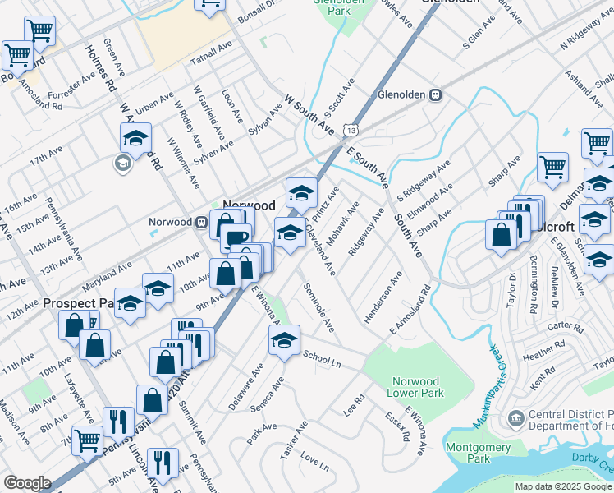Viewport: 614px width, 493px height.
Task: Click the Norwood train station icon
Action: pyautogui.click(x=201, y=222)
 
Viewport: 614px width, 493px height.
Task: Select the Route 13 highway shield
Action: pyautogui.click(x=351, y=130)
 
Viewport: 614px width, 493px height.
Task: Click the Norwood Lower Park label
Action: pyautogui.click(x=415, y=387)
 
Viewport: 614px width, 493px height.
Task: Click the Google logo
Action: pyautogui.click(x=27, y=483)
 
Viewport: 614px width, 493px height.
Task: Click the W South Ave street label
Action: pyautogui.click(x=309, y=114)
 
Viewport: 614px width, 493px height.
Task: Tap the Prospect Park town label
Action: pyautogui.click(x=77, y=303)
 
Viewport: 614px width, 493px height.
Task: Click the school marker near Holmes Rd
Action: pyautogui.click(x=136, y=138)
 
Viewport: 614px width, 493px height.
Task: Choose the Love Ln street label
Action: pyautogui.click(x=314, y=461)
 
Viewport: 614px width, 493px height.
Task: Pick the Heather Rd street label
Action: pyautogui.click(x=539, y=352)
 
